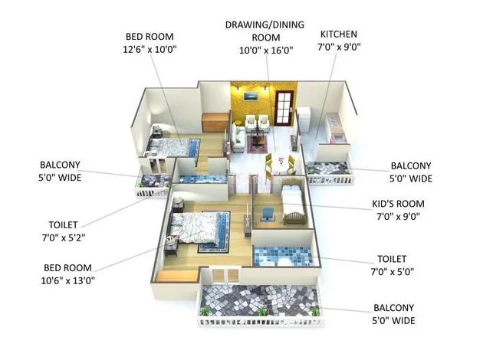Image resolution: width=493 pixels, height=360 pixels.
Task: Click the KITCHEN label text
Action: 339,34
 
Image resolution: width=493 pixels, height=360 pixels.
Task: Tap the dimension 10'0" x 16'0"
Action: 266,51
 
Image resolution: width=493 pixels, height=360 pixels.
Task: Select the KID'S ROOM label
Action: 398,204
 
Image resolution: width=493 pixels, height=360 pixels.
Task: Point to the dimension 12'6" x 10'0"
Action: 150,49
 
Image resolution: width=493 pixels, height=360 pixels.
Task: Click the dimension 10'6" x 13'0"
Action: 68,280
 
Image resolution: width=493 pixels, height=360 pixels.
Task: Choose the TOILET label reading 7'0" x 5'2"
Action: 63,231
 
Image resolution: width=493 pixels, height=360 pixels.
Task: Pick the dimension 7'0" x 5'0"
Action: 392,271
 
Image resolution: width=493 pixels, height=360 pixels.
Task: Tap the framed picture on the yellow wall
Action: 251,96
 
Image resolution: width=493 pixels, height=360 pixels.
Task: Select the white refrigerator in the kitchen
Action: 304,120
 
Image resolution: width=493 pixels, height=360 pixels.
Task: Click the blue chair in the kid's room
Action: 268,214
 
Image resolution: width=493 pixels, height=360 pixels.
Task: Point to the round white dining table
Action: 281,165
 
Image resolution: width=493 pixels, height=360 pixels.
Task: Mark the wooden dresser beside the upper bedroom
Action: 215,122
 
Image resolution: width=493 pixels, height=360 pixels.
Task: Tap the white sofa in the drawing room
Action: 238,138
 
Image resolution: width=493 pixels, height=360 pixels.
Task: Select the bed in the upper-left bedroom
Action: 173,147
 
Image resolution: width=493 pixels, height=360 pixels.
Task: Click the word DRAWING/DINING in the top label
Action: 265,25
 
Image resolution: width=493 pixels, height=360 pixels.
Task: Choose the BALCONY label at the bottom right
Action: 393,314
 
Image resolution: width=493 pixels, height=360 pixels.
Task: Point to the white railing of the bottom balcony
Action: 261,322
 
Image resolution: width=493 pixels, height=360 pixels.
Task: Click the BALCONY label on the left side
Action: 60,171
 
